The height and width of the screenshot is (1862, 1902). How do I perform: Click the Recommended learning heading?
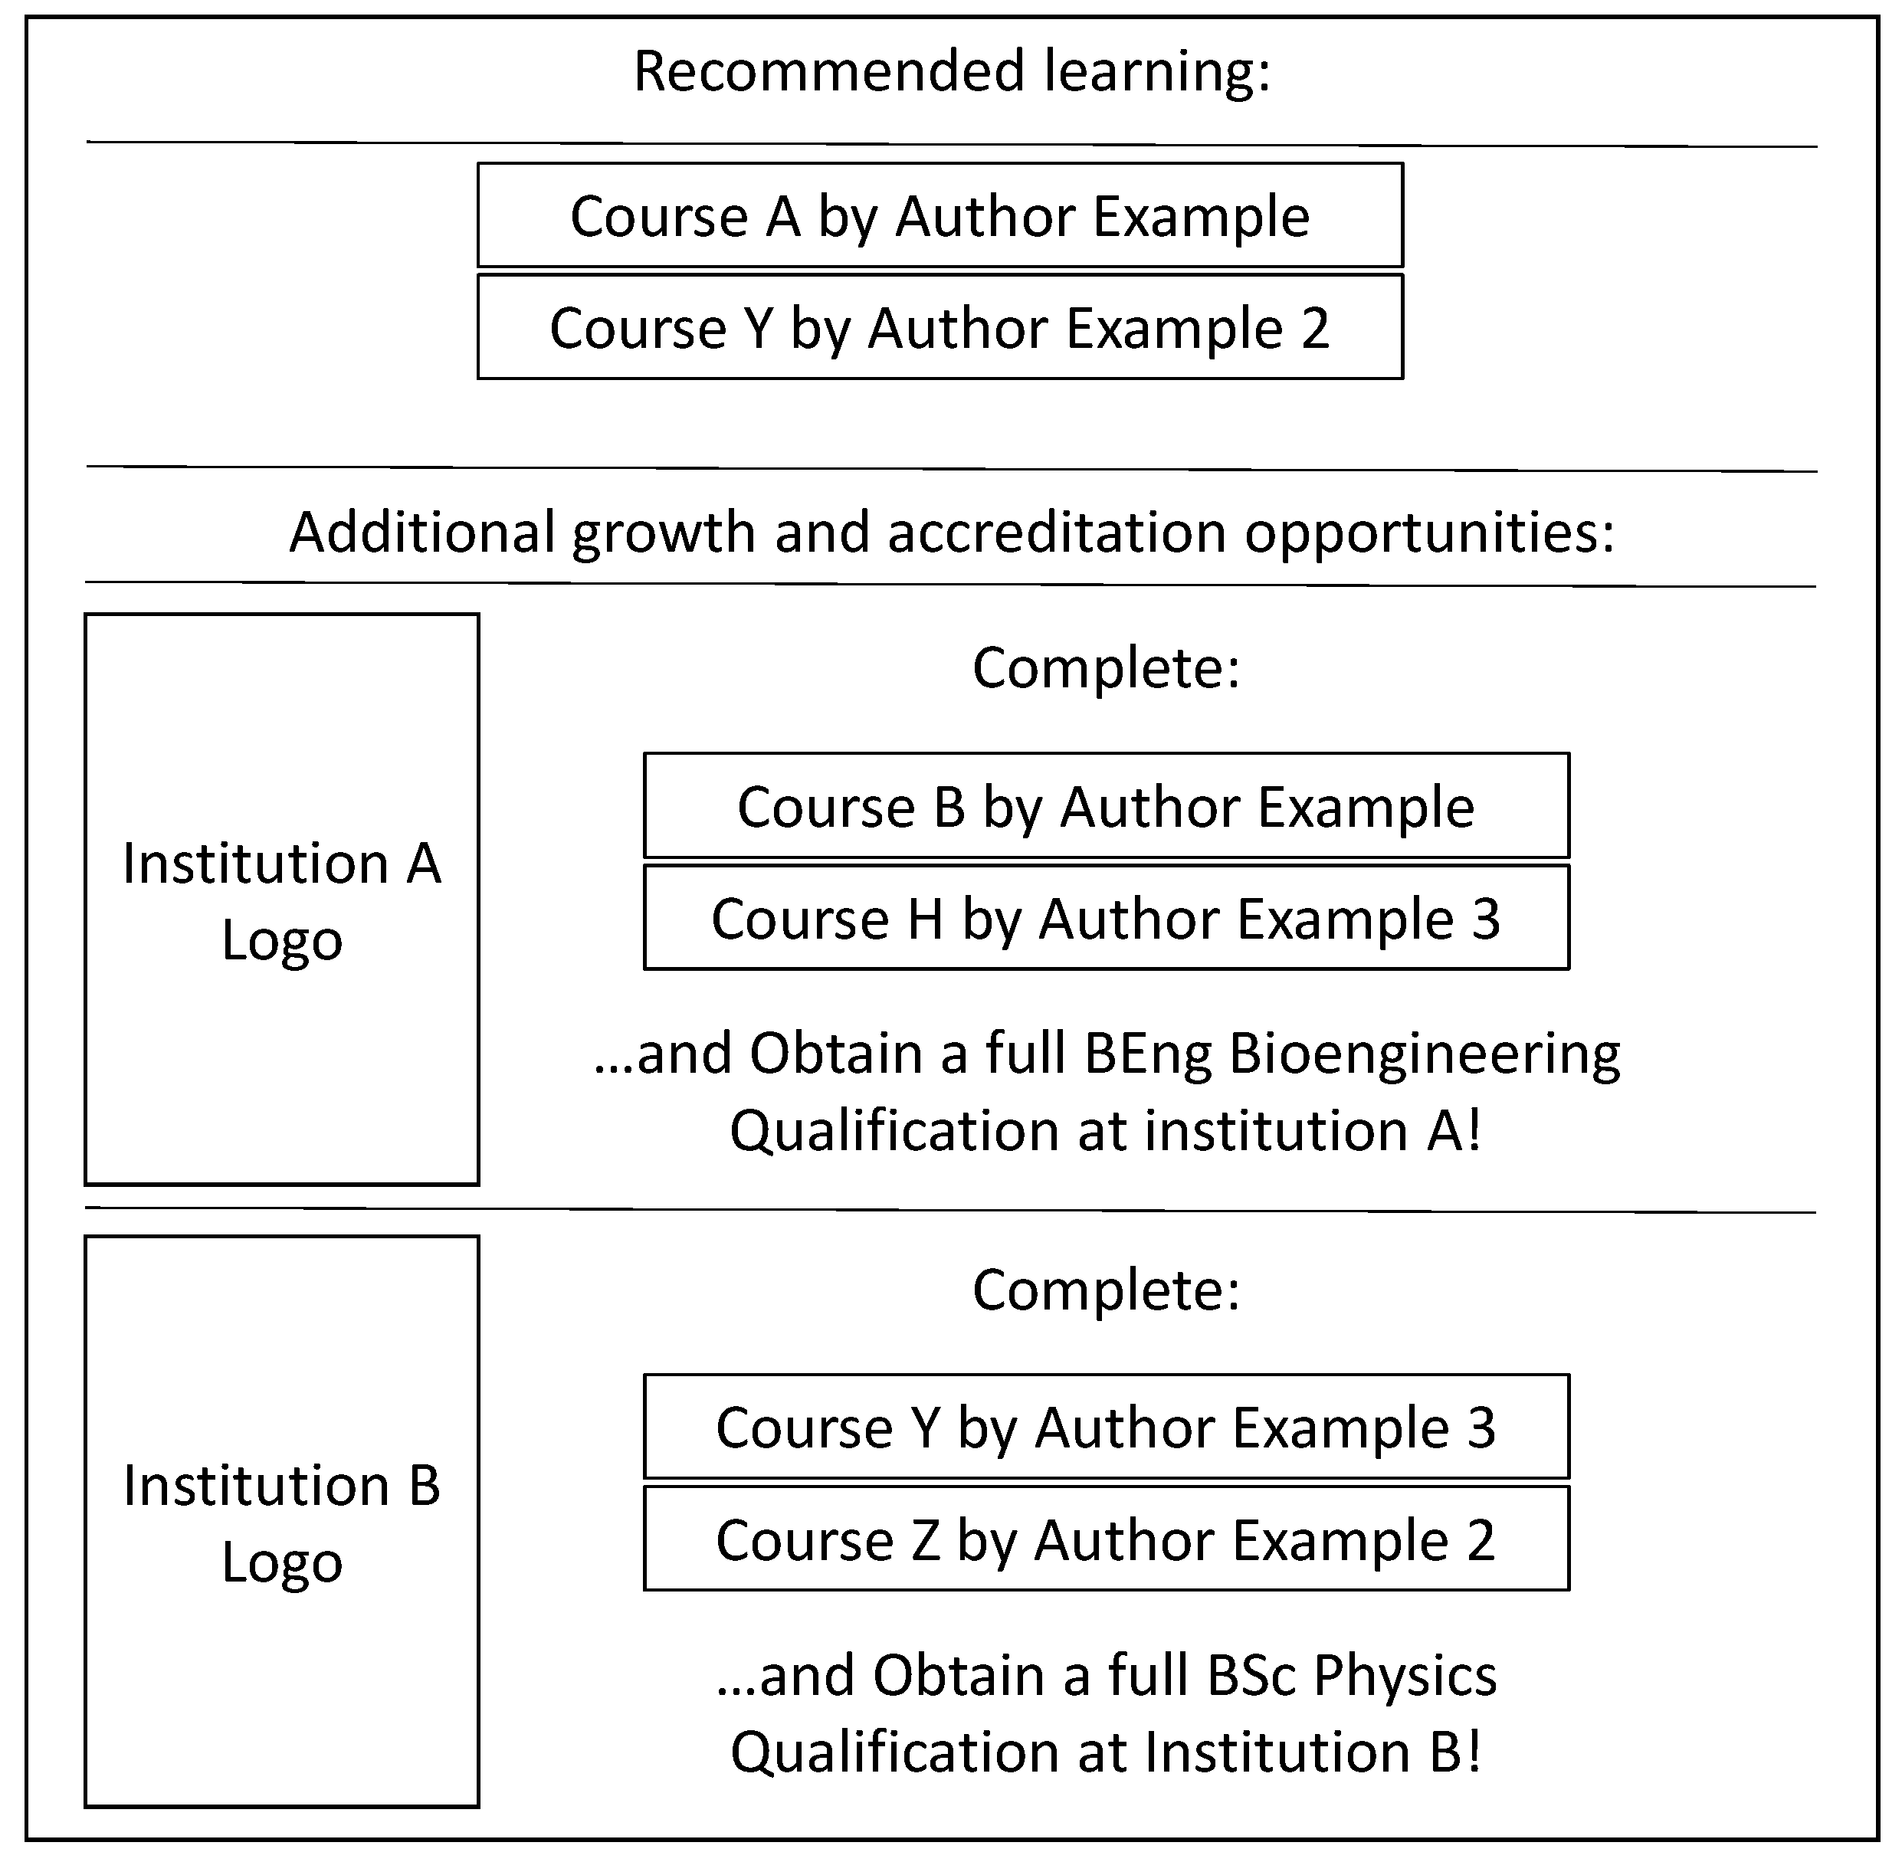(x=952, y=72)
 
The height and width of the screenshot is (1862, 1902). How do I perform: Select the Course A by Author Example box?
(x=940, y=216)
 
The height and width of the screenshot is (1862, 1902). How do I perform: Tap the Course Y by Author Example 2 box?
(x=940, y=328)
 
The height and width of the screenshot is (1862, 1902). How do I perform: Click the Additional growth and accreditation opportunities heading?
(x=952, y=533)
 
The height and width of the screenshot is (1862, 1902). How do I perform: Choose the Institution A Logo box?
(x=282, y=900)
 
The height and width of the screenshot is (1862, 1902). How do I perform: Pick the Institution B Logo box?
(x=282, y=1522)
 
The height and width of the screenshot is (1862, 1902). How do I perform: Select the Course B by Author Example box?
(x=1106, y=807)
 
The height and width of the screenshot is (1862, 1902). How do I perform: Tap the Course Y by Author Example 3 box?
(x=1106, y=1428)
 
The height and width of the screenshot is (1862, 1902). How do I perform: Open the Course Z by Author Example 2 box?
(x=1106, y=1540)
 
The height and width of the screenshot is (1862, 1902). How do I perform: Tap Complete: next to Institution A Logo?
(x=1106, y=669)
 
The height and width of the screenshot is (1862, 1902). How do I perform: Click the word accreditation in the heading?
(x=1056, y=533)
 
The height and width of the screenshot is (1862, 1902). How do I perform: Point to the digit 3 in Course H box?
(x=1485, y=920)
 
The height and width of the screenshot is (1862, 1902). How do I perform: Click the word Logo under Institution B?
(x=282, y=1562)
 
